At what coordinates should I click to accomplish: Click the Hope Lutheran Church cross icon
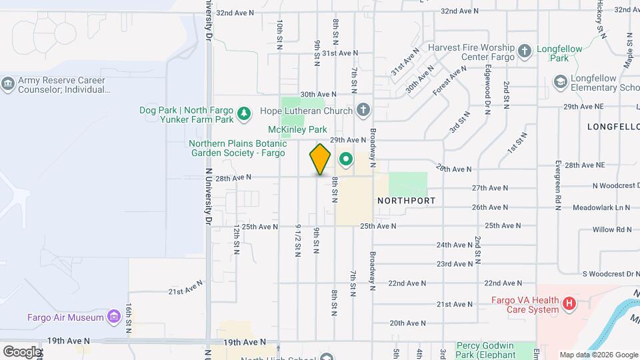point(363,110)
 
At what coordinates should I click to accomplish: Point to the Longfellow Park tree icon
point(525,50)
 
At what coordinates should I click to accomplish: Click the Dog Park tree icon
point(245,114)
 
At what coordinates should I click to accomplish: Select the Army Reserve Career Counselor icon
point(8,84)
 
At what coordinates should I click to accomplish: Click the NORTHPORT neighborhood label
point(406,200)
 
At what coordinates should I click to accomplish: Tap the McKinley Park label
point(297,129)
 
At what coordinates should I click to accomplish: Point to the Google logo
point(22,351)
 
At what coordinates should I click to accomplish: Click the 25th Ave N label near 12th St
point(260,227)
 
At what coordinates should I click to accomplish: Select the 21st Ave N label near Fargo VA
point(455,304)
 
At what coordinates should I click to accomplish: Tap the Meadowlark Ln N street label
point(601,208)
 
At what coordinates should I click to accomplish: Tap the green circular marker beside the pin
point(345,159)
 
